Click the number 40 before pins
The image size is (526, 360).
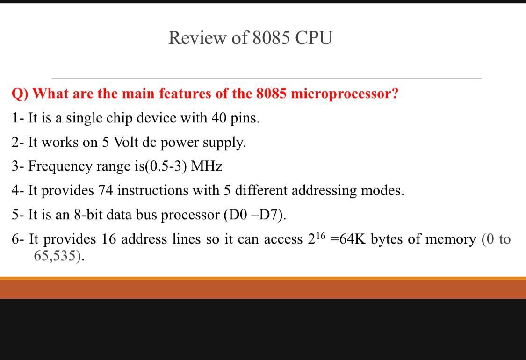pos(219,118)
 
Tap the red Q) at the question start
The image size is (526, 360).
pos(20,94)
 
